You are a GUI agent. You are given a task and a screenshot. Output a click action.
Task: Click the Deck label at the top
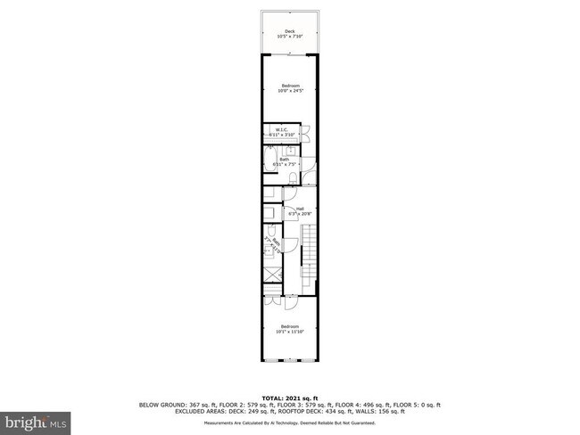pos(289,31)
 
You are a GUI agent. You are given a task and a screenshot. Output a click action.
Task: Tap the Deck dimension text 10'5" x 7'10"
pos(289,37)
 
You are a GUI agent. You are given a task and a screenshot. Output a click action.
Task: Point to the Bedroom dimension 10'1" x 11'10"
pos(289,332)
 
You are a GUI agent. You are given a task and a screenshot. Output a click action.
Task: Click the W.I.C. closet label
pos(280,130)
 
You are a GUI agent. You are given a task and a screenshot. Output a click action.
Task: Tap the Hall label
pos(288,209)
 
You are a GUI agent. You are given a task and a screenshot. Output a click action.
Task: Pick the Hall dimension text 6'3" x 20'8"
pos(288,214)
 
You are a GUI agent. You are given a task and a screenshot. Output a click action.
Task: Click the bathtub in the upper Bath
pos(268,160)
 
